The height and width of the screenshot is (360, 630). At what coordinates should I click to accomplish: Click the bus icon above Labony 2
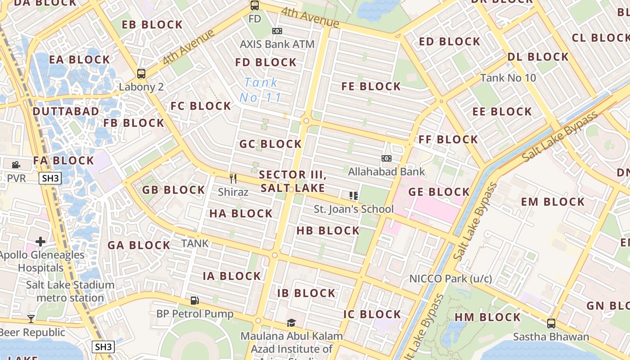tap(141, 73)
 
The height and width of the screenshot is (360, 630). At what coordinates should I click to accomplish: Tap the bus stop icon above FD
tap(255, 5)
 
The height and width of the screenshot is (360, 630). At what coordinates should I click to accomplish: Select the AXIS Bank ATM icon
tap(277, 31)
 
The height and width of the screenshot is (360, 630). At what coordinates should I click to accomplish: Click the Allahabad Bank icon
tap(386, 158)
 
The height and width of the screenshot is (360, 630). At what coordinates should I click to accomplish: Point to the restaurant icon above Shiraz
tap(233, 179)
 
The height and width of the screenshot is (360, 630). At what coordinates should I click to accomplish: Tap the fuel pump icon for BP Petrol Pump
tap(194, 300)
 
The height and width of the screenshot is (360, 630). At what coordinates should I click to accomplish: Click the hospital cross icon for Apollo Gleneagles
tap(40, 242)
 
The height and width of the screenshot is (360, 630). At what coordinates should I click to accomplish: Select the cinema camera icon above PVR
tap(16, 165)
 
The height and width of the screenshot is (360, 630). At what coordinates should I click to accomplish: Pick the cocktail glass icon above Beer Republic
tap(31, 319)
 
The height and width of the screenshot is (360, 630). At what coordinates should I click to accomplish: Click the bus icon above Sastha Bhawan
tap(551, 323)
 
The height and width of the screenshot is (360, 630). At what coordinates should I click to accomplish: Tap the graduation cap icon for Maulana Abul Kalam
tap(292, 323)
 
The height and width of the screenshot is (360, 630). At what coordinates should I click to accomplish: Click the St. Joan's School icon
tap(354, 195)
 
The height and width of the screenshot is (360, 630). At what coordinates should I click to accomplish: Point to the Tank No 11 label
tap(261, 90)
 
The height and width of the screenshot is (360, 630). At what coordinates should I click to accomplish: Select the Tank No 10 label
tap(508, 78)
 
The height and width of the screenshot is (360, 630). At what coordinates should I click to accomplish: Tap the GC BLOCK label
tap(270, 144)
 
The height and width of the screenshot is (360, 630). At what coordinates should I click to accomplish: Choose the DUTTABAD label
tap(66, 111)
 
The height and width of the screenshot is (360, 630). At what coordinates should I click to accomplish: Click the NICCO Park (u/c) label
tap(450, 279)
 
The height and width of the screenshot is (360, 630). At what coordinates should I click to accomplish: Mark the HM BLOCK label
tap(487, 317)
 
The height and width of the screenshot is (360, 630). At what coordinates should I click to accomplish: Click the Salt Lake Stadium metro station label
tap(70, 291)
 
